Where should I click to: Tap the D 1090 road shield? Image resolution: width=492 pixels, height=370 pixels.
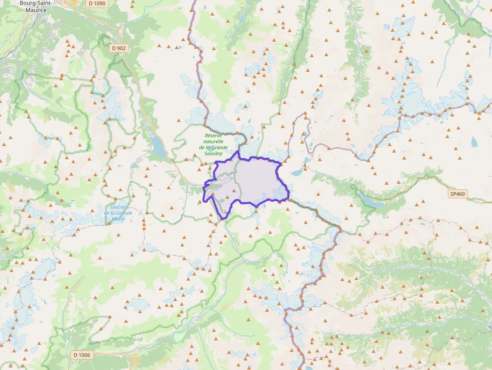click(96, 4)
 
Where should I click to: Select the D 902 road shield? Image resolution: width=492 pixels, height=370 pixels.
click(119, 48)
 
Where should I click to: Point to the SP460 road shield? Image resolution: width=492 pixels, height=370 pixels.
click(457, 194)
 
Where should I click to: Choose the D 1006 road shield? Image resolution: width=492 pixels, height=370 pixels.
click(82, 355)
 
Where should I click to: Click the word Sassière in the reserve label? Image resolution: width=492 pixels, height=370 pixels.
click(213, 153)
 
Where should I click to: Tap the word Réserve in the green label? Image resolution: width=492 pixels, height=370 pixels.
click(214, 136)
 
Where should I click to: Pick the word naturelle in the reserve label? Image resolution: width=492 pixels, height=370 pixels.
click(214, 142)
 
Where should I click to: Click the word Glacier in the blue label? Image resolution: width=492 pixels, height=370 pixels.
click(118, 207)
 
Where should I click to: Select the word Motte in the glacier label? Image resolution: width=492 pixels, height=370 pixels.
click(118, 219)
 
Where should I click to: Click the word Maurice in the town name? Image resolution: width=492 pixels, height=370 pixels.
click(35, 10)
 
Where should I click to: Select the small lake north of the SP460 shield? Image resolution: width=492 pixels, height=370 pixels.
click(474, 142)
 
